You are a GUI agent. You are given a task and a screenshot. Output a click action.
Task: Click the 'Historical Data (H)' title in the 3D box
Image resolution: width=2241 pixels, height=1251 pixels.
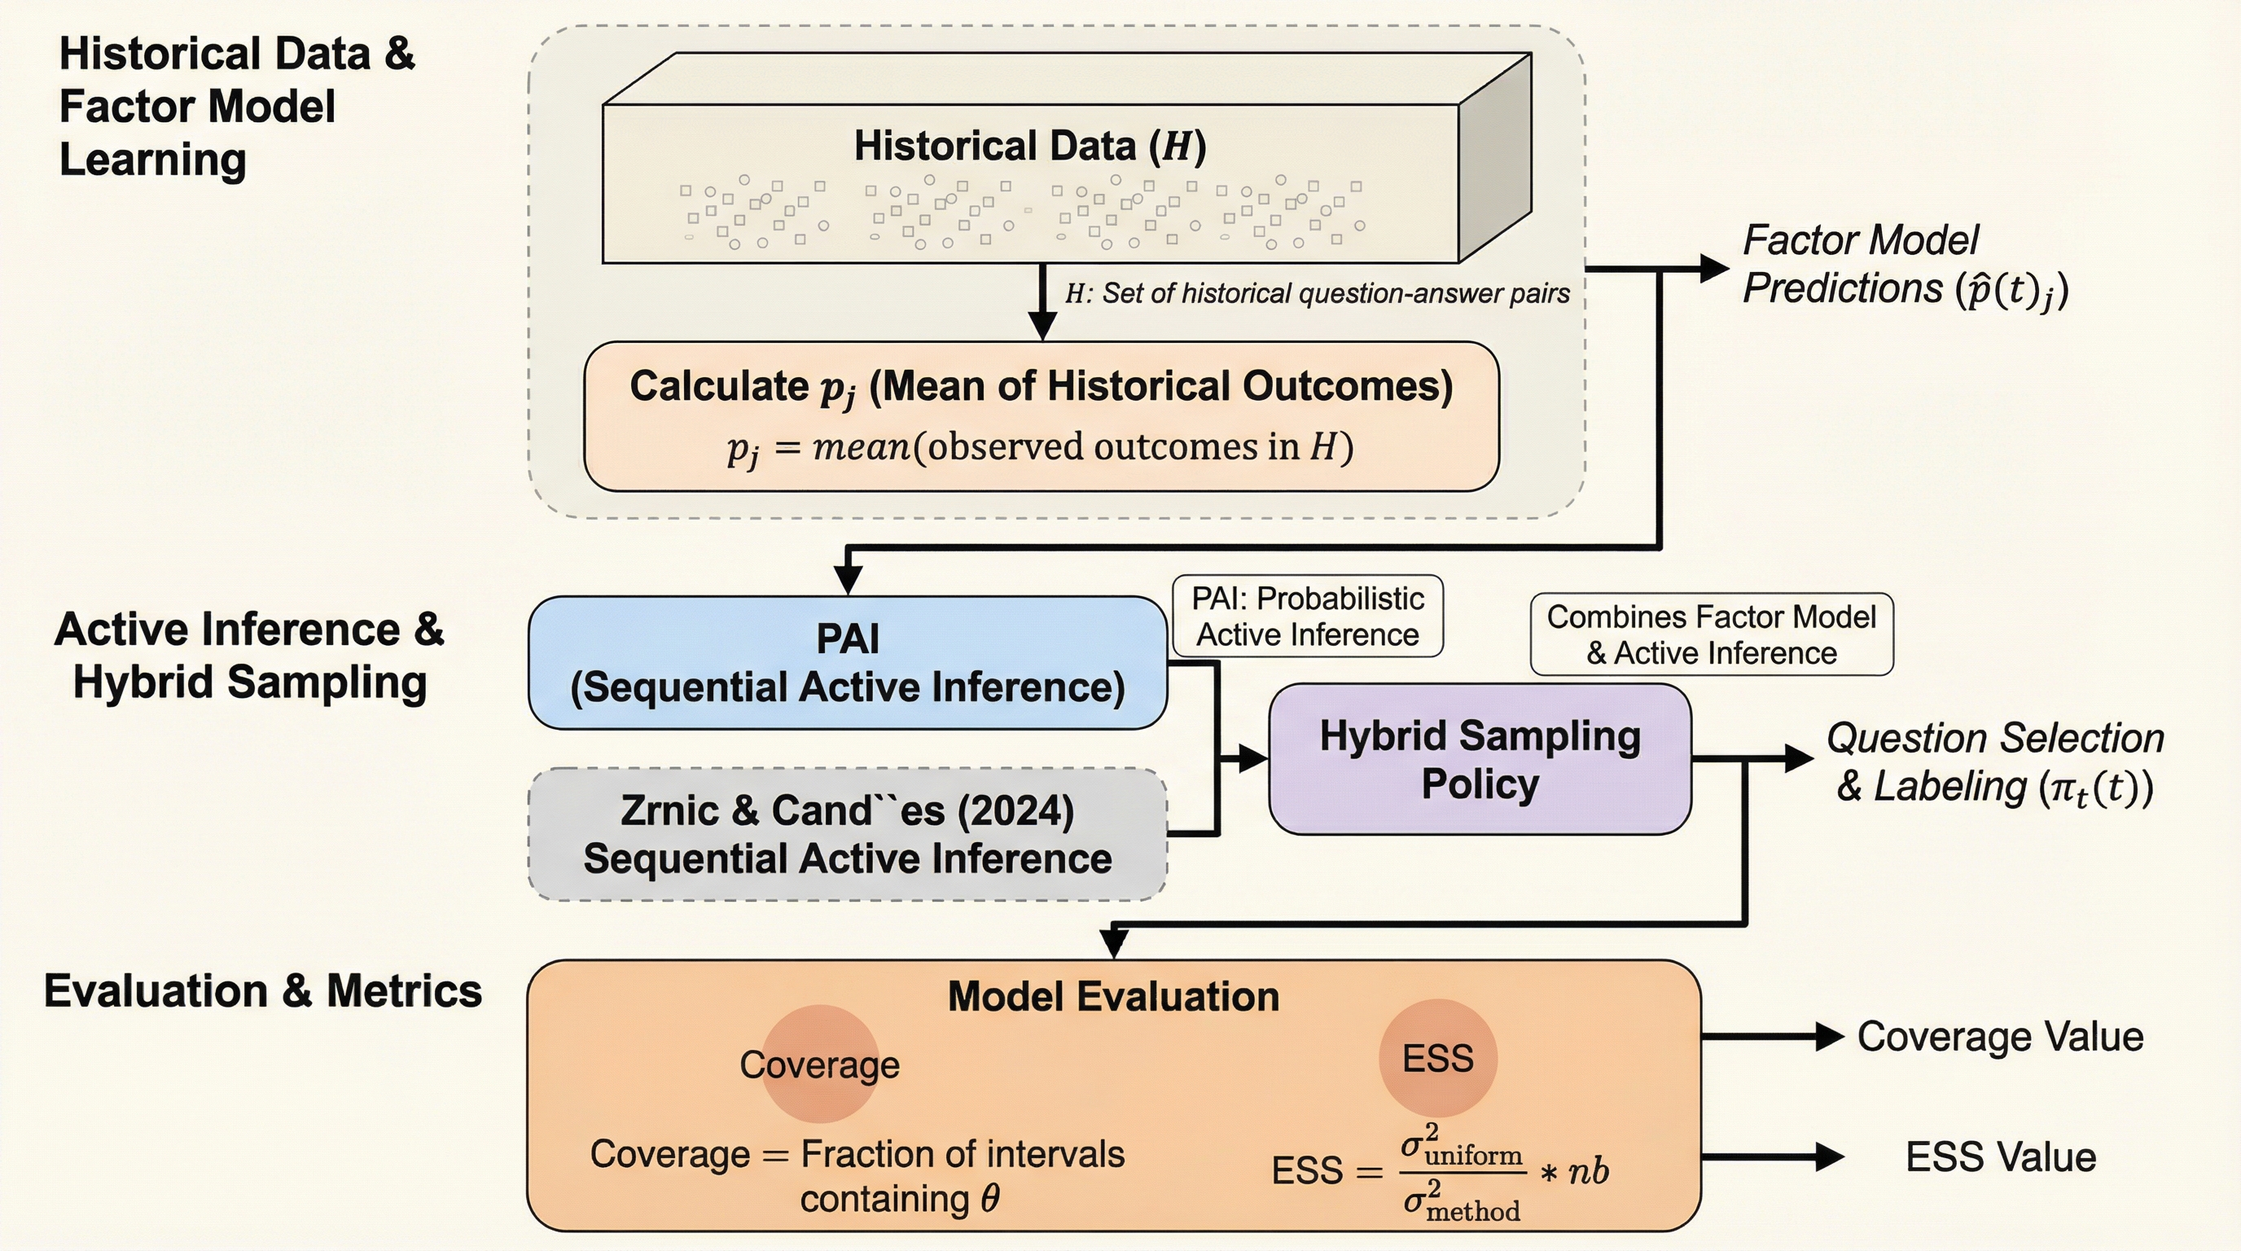(1030, 146)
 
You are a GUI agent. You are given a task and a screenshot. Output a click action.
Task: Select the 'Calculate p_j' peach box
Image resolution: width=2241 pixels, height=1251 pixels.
(1042, 417)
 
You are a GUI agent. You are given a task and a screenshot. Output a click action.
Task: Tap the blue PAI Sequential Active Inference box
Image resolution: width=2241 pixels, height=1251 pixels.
(848, 663)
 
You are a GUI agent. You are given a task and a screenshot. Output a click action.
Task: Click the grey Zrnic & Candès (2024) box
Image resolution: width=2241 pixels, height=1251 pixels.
(848, 834)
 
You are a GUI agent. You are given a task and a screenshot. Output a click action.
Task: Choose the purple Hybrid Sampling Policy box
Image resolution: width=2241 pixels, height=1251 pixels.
(1480, 759)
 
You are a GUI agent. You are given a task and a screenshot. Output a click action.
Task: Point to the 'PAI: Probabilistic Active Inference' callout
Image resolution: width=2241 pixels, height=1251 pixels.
(1308, 616)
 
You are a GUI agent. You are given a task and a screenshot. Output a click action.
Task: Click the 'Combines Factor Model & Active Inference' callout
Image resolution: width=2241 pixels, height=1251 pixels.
(1711, 634)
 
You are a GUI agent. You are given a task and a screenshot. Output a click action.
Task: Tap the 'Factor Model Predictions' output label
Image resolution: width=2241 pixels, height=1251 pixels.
(1906, 265)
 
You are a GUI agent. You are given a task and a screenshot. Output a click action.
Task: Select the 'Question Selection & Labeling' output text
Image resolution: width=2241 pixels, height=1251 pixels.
(1995, 763)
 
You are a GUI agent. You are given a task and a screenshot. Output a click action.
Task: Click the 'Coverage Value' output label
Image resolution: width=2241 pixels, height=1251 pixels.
(2000, 1036)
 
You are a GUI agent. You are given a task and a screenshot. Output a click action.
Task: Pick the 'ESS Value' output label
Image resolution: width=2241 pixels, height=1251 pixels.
(2000, 1157)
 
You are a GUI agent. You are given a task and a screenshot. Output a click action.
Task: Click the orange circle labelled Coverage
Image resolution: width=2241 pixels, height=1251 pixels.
(819, 1063)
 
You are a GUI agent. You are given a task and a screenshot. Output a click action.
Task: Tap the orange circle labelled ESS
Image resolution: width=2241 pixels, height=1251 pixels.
(1438, 1058)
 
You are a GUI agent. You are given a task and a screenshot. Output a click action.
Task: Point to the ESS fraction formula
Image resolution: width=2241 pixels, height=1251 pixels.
(1441, 1171)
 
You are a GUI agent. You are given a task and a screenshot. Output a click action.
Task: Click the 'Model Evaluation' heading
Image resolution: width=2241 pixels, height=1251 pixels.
(1113, 997)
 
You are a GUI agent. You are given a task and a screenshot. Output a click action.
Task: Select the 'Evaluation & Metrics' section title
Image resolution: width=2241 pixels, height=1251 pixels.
(263, 991)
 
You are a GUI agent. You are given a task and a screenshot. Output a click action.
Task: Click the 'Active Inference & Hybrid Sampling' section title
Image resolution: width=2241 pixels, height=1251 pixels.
(250, 655)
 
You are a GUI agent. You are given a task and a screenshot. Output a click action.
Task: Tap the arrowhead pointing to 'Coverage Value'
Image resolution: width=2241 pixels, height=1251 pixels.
(1829, 1036)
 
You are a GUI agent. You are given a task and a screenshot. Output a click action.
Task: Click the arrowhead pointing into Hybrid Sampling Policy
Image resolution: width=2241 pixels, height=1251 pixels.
(1252, 758)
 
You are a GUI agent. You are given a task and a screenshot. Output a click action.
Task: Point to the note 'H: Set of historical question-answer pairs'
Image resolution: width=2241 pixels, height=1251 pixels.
(1317, 294)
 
